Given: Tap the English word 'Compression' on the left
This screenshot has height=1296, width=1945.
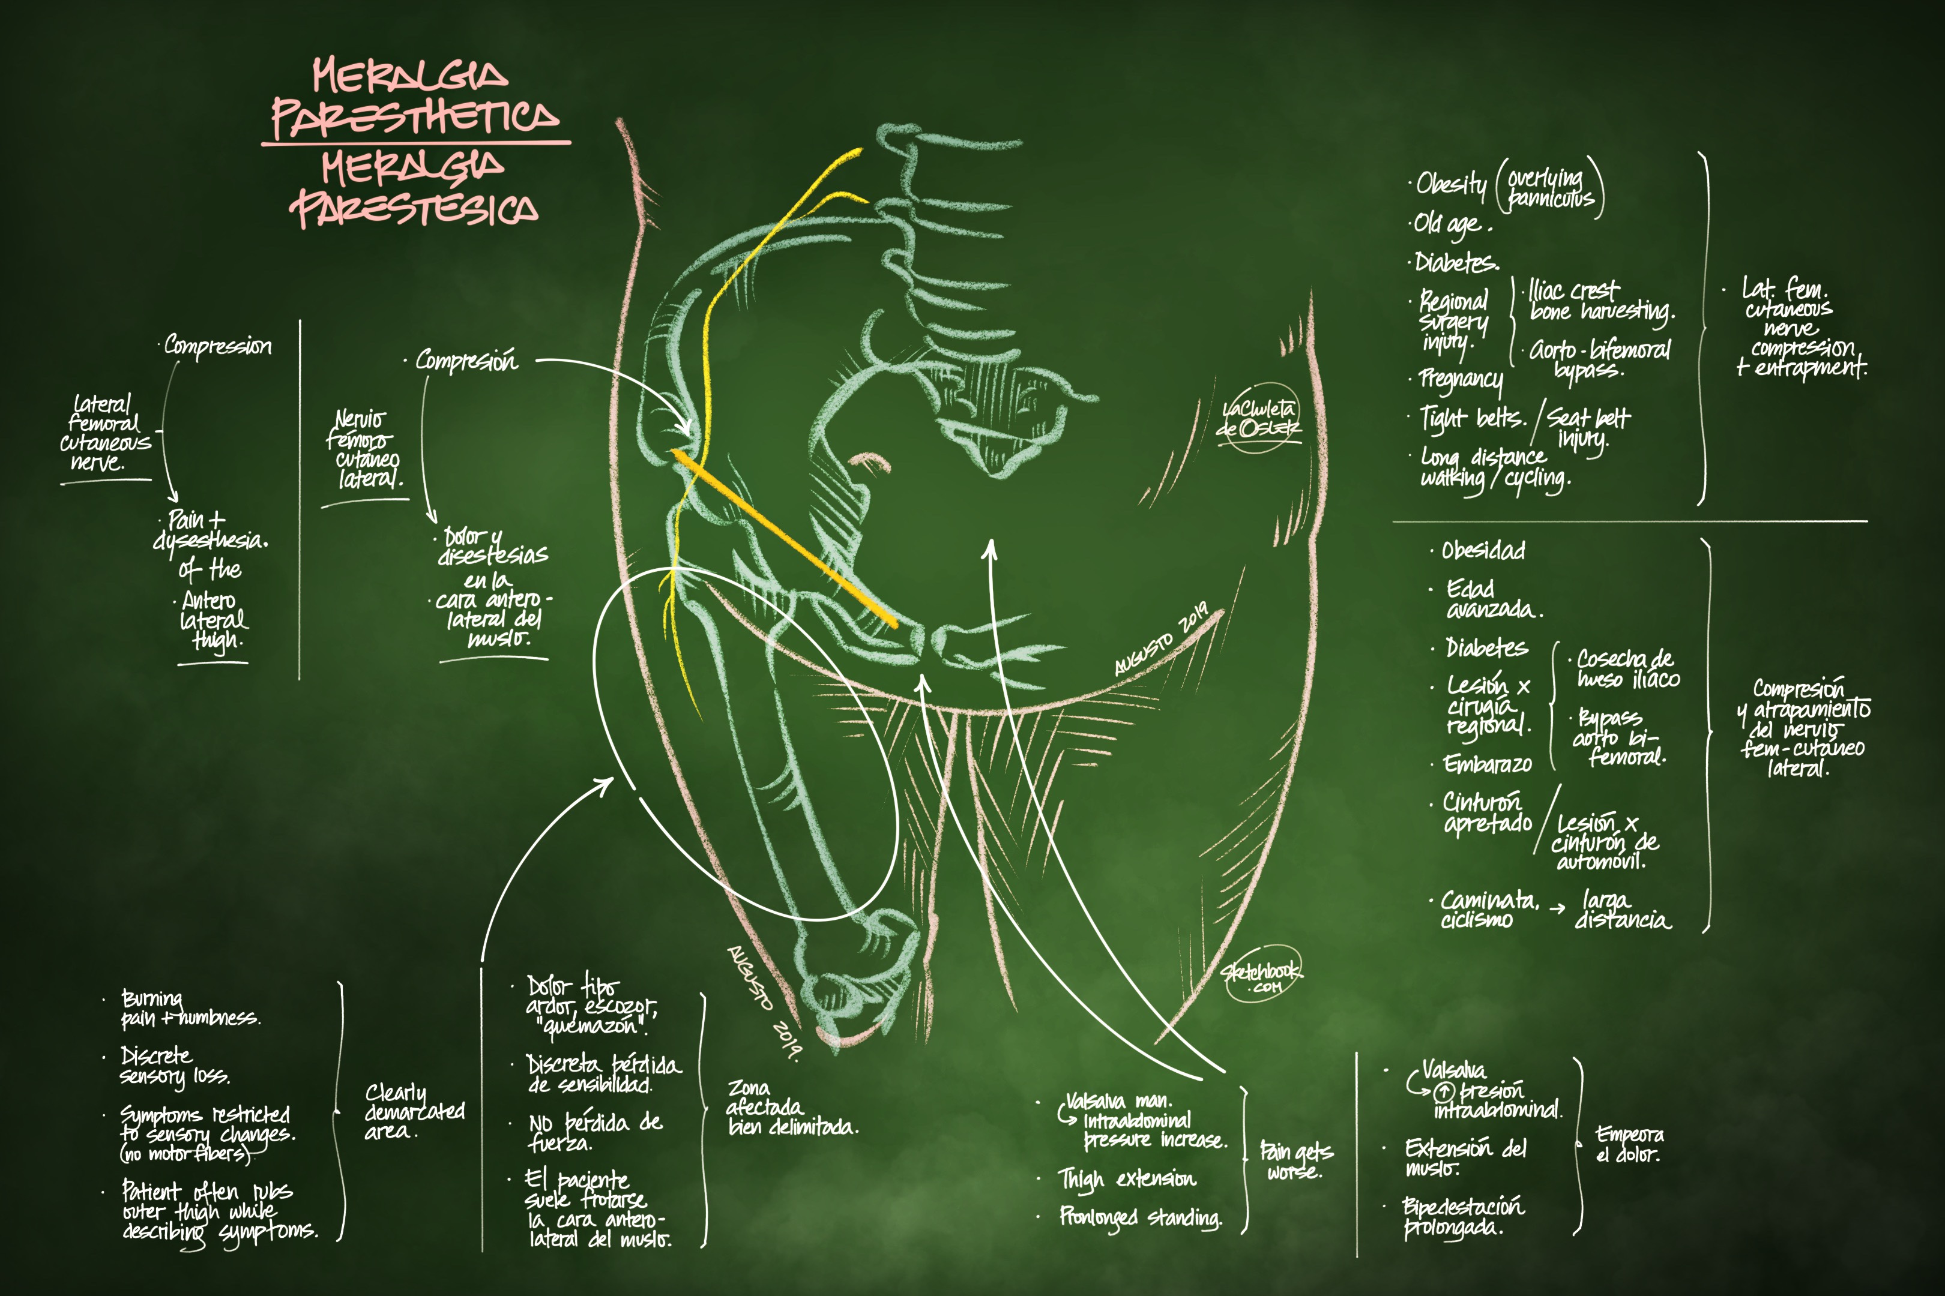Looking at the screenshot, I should pos(217,346).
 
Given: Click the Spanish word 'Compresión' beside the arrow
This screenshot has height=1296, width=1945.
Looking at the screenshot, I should pos(466,361).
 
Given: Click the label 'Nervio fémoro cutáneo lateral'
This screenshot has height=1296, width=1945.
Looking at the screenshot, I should pos(364,449).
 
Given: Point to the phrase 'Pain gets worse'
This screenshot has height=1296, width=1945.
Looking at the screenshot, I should pos(1295,1160).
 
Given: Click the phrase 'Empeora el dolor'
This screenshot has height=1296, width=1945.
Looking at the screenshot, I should pos(1627,1145).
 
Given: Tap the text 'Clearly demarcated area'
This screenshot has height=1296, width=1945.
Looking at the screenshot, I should pos(414,1112).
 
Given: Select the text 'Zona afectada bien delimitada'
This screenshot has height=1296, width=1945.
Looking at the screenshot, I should pos(791,1108).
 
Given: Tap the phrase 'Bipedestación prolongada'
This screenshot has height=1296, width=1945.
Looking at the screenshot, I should pos(1462,1217).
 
